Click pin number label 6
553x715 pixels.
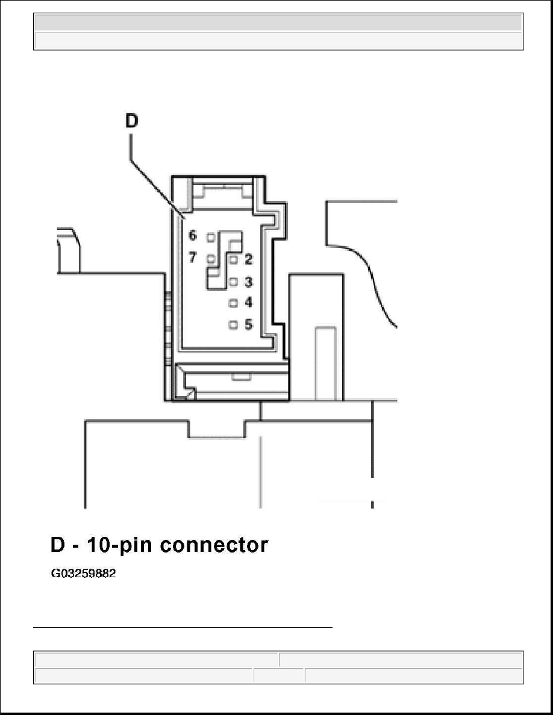[193, 235]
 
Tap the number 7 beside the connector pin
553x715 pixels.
[193, 258]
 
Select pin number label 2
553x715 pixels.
[248, 259]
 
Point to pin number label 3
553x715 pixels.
[248, 282]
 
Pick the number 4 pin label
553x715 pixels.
[248, 302]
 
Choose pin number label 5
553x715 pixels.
[248, 324]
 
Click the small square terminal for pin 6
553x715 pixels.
[211, 237]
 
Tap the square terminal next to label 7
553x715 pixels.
[211, 259]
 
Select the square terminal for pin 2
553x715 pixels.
[234, 260]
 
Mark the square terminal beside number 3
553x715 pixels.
[234, 282]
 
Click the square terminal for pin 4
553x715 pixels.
[234, 303]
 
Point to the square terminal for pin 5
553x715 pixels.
[234, 324]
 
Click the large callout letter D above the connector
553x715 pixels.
[131, 121]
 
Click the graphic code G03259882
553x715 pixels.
[83, 573]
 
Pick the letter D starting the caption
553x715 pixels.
[58, 545]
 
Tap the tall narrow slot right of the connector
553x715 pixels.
[325, 364]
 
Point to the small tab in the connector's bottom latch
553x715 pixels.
[240, 376]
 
